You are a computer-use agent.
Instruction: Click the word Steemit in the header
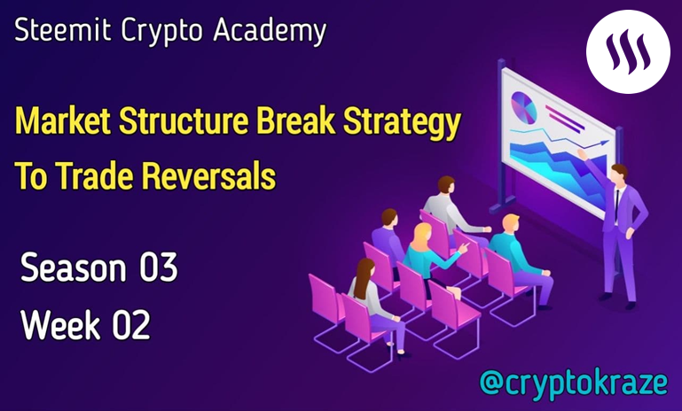(63, 30)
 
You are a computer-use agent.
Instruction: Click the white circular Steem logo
(628, 51)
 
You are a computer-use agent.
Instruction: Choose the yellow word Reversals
(208, 175)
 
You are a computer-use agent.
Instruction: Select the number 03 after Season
(159, 267)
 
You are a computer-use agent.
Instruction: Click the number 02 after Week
(131, 324)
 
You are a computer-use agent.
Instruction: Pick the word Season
(74, 267)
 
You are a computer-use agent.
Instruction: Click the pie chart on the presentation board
(523, 107)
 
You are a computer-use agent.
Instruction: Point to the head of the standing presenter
(618, 173)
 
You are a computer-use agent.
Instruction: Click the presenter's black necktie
(616, 205)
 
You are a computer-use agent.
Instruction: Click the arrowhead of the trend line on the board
(605, 143)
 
